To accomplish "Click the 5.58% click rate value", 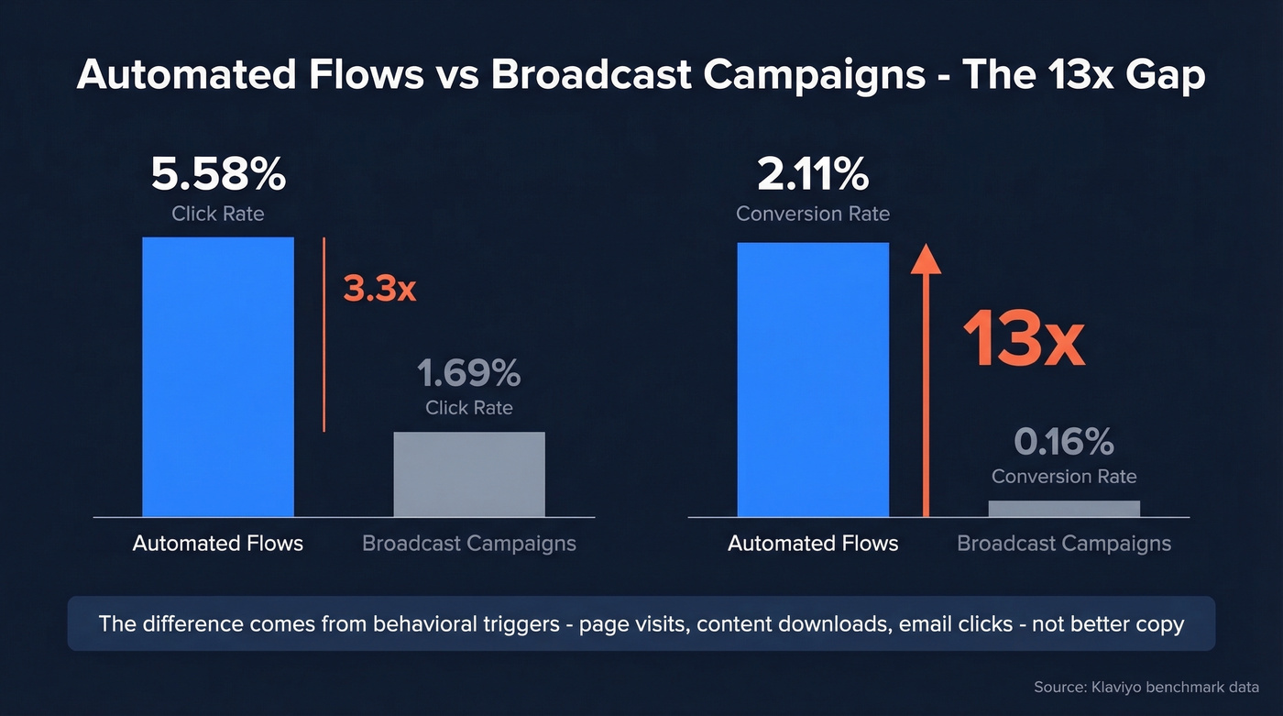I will (218, 176).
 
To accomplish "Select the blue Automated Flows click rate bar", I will (218, 376).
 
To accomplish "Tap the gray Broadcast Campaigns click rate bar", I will (469, 474).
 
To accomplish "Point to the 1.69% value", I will (469, 374).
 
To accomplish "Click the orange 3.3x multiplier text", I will (379, 289).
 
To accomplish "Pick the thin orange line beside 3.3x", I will (324, 335).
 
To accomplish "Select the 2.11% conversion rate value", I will (813, 176).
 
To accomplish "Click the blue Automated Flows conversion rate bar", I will (813, 380).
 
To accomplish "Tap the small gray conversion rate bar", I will (1064, 509).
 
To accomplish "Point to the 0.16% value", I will (1064, 443).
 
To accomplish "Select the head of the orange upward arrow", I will (927, 259).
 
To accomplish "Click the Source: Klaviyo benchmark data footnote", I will (1146, 687).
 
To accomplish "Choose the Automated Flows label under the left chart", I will (218, 544).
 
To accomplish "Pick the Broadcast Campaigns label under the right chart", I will (1064, 544).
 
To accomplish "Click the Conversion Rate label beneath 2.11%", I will (813, 214).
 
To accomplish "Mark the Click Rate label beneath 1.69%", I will (469, 408).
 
